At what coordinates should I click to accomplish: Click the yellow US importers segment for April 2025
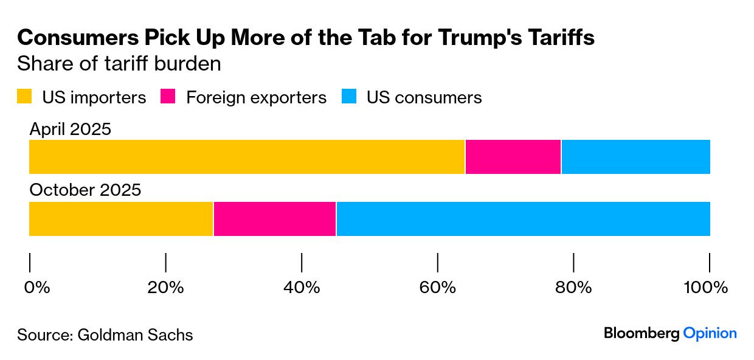[x=247, y=157]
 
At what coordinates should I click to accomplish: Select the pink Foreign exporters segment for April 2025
[x=513, y=157]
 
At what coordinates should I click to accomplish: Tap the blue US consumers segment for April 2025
[x=635, y=157]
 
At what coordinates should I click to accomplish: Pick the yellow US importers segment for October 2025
[x=121, y=219]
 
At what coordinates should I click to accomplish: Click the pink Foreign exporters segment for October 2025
[x=274, y=219]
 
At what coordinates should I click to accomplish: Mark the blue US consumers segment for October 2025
[x=523, y=219]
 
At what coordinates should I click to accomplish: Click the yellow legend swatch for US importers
[x=24, y=97]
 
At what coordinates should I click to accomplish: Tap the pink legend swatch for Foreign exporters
[x=168, y=97]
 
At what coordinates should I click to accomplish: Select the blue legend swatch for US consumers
[x=348, y=97]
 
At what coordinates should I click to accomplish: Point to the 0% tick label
[x=36, y=287]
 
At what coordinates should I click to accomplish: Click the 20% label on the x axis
[x=165, y=287]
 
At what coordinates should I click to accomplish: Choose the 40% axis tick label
[x=302, y=287]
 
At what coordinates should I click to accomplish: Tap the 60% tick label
[x=438, y=287]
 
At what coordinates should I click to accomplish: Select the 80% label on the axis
[x=573, y=287]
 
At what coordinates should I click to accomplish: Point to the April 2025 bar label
[x=71, y=129]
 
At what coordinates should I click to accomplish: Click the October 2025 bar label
[x=85, y=190]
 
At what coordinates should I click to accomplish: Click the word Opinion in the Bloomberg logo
[x=710, y=333]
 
